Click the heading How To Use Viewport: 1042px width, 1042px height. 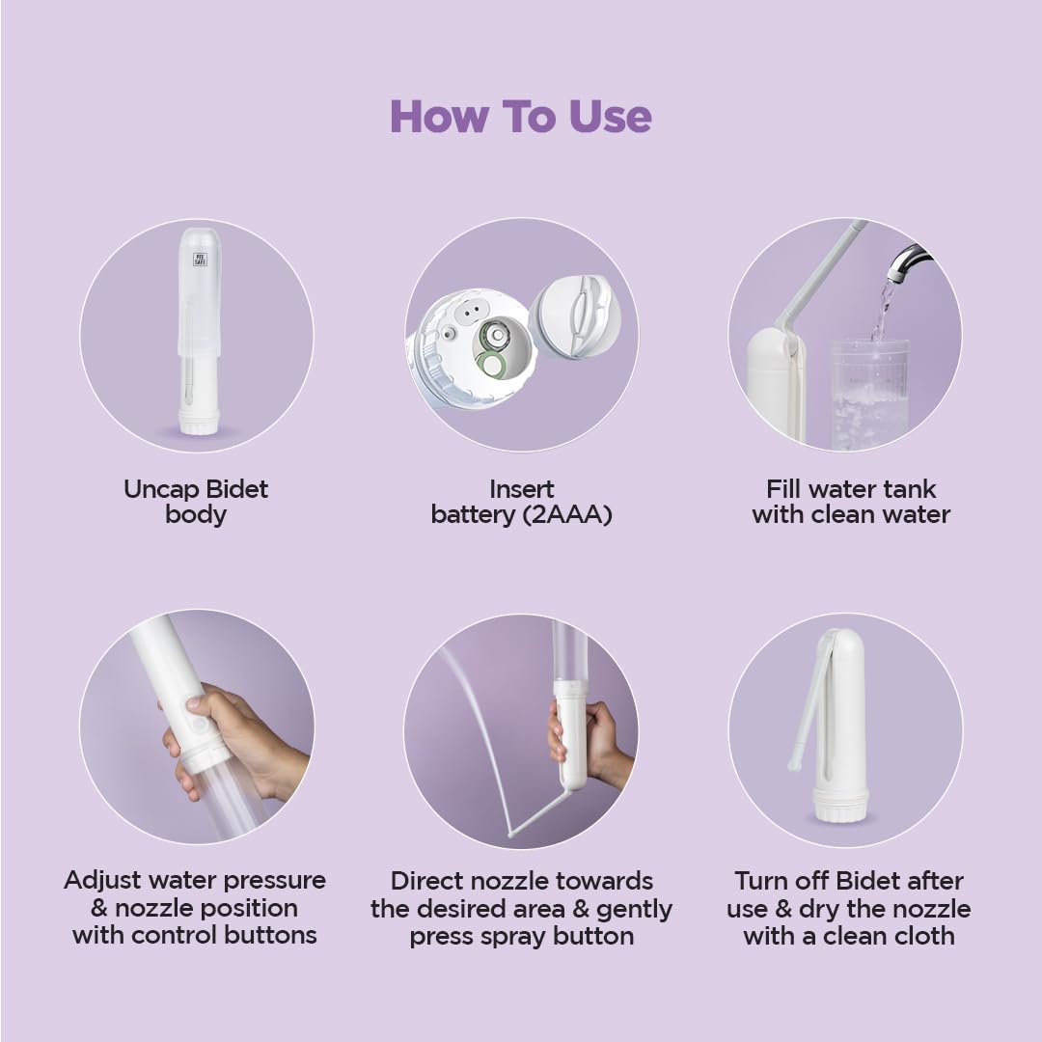(521, 117)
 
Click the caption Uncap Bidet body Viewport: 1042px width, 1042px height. (196, 502)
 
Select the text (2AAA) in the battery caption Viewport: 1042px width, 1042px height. (567, 515)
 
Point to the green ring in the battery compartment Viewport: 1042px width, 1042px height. (493, 365)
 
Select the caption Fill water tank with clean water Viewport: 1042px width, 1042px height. (851, 502)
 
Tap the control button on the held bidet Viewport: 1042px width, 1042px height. (197, 723)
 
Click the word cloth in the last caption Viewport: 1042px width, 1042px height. (921, 936)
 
